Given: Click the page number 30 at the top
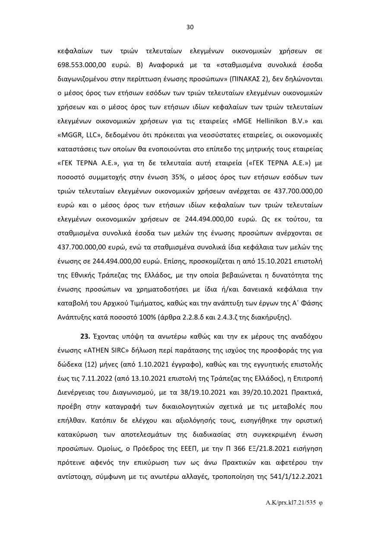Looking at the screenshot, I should coord(190,27).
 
